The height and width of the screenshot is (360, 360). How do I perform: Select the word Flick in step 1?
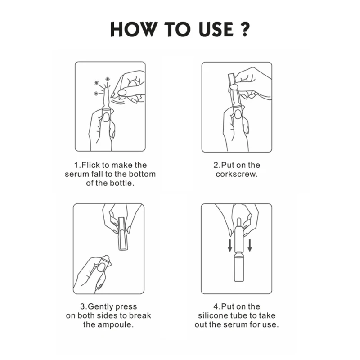click(x=90, y=165)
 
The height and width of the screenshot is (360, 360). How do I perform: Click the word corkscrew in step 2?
click(x=236, y=174)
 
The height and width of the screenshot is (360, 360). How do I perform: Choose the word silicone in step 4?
click(x=214, y=315)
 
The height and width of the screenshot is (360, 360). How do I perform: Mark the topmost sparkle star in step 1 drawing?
click(x=108, y=80)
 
